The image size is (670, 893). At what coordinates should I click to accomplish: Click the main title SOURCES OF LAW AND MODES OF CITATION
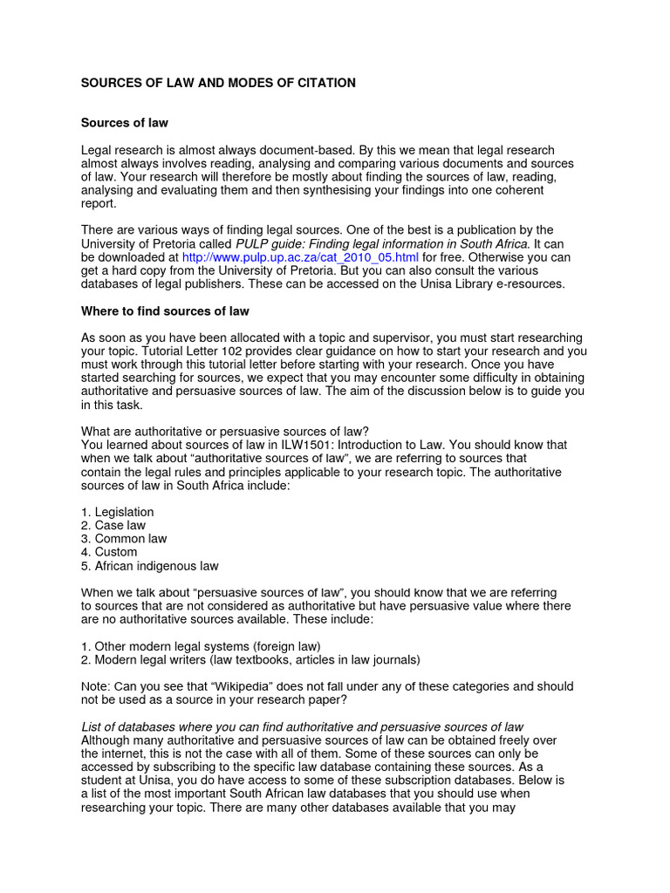pos(218,83)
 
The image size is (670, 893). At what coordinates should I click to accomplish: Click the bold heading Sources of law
pos(125,123)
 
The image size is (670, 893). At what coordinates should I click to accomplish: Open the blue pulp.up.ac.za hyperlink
pos(300,258)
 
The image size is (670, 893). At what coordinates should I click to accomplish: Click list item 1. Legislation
pos(117,512)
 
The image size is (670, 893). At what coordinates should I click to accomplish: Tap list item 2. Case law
pos(113,525)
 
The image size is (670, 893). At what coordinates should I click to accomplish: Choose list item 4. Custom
pos(109,552)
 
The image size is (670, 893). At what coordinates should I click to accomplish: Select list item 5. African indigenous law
pos(149,566)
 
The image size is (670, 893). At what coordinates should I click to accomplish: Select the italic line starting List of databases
pos(302,726)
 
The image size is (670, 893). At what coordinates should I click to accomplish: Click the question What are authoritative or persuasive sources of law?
pos(225,432)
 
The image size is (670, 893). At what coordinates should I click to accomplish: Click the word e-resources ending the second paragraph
pos(531,284)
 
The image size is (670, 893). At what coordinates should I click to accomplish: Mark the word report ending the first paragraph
pos(98,204)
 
